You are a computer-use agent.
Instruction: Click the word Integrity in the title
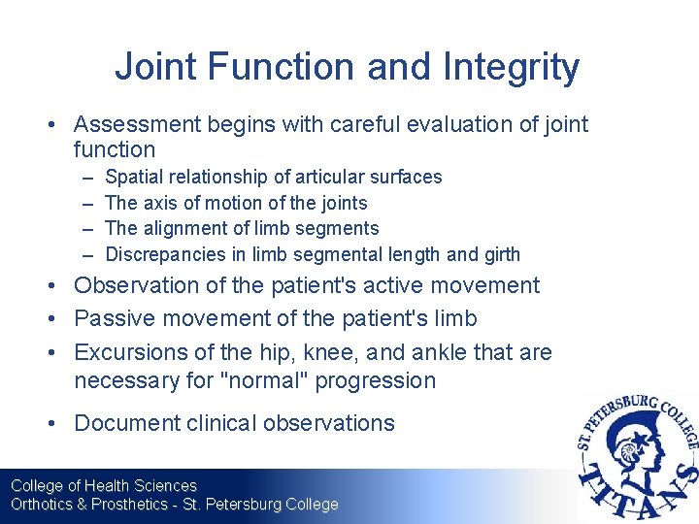pyautogui.click(x=513, y=67)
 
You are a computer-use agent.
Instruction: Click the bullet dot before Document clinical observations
pyautogui.click(x=59, y=423)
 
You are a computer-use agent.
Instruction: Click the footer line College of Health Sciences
pyautogui.click(x=103, y=485)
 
